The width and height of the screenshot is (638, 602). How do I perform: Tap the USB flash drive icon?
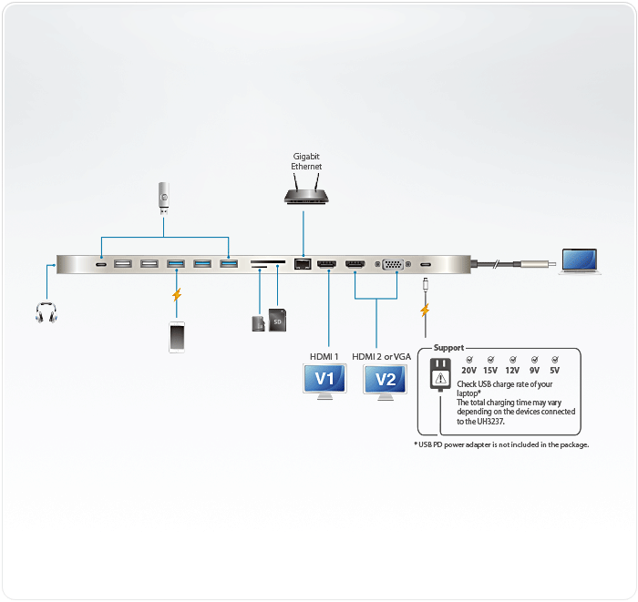[163, 196]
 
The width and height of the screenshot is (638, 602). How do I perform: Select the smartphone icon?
[177, 336]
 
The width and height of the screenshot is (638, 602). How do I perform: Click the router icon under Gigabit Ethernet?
[305, 194]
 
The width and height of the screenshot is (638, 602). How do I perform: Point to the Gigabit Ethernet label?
[306, 162]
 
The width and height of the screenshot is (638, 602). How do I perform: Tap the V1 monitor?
[325, 380]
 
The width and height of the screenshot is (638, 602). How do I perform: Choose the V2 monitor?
[386, 380]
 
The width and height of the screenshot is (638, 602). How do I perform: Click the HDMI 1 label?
[324, 356]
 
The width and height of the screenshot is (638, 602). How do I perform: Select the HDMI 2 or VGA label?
[381, 356]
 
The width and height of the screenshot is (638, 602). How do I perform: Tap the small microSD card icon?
[258, 323]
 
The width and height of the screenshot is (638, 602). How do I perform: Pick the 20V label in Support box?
[468, 371]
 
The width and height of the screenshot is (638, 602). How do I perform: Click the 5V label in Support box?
[554, 371]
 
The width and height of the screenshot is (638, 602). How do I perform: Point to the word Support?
[448, 348]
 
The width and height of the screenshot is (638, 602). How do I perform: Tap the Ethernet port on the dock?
[304, 265]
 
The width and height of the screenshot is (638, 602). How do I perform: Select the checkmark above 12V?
[512, 360]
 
